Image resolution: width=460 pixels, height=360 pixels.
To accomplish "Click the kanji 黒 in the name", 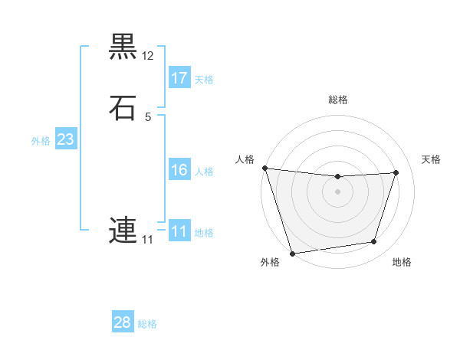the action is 123,47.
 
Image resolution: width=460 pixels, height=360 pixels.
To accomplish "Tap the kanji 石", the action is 123,108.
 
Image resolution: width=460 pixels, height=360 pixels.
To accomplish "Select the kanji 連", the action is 123,231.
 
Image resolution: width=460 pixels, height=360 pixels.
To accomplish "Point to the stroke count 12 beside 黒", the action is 148,56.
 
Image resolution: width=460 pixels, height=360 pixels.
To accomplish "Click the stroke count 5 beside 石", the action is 148,117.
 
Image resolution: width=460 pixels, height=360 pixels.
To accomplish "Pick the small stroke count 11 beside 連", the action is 147,240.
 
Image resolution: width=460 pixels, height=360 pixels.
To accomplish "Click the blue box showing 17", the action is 179,78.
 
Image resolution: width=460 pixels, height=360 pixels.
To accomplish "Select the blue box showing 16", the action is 179,170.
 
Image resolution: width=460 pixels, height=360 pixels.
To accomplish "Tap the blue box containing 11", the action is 179,231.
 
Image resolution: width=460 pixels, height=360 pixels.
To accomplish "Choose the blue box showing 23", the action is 65,139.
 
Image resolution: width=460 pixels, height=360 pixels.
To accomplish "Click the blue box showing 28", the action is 123,322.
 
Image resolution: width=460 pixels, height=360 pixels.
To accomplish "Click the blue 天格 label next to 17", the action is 204,80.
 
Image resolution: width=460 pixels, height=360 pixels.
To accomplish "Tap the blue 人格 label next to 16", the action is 204,172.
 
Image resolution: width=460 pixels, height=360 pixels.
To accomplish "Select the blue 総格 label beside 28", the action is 147,324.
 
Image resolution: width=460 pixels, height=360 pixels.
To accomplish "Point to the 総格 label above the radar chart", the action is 338,100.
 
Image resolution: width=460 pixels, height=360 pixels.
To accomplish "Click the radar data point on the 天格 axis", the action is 396,172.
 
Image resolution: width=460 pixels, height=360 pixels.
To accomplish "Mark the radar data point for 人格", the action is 264,168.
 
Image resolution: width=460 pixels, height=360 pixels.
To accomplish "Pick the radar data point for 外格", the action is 292,253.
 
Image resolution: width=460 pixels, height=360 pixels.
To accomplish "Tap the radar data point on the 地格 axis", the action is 374,242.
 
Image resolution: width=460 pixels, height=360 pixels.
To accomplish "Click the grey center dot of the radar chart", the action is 337,191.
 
